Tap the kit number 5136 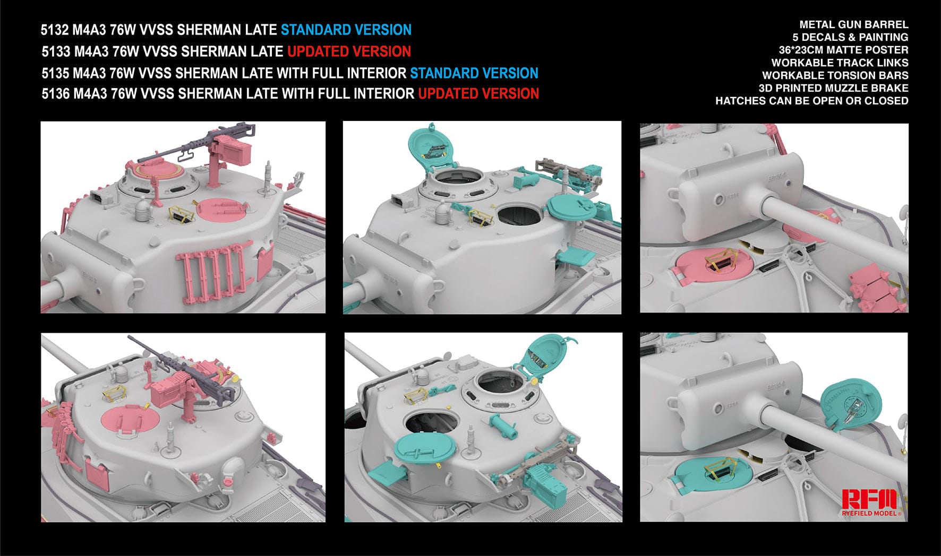55,94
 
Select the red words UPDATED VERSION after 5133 349,51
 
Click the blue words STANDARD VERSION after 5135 474,73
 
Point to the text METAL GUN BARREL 853,24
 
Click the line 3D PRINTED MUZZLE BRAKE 833,88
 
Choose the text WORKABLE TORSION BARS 835,75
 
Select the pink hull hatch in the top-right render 711,264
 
